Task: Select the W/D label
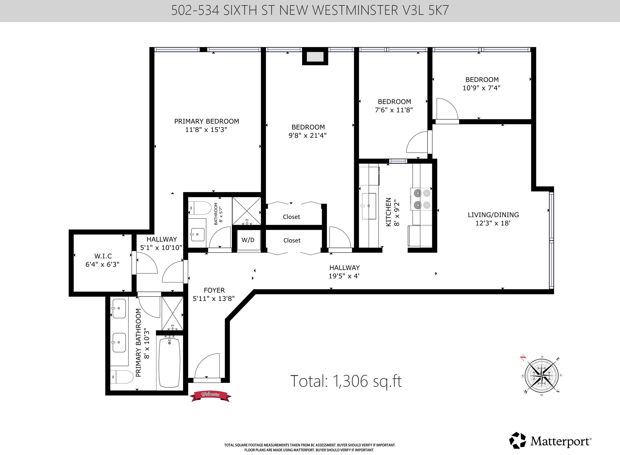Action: [x=248, y=240]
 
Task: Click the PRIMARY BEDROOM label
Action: [x=207, y=121]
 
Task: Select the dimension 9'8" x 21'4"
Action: [x=308, y=136]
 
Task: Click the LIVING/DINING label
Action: [x=493, y=215]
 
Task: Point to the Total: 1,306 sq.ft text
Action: [x=346, y=381]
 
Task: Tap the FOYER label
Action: [x=214, y=290]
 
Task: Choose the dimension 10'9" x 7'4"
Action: [x=481, y=88]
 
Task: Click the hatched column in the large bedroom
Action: [x=315, y=57]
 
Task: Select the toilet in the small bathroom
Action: [x=200, y=208]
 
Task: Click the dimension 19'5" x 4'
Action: [x=344, y=276]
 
